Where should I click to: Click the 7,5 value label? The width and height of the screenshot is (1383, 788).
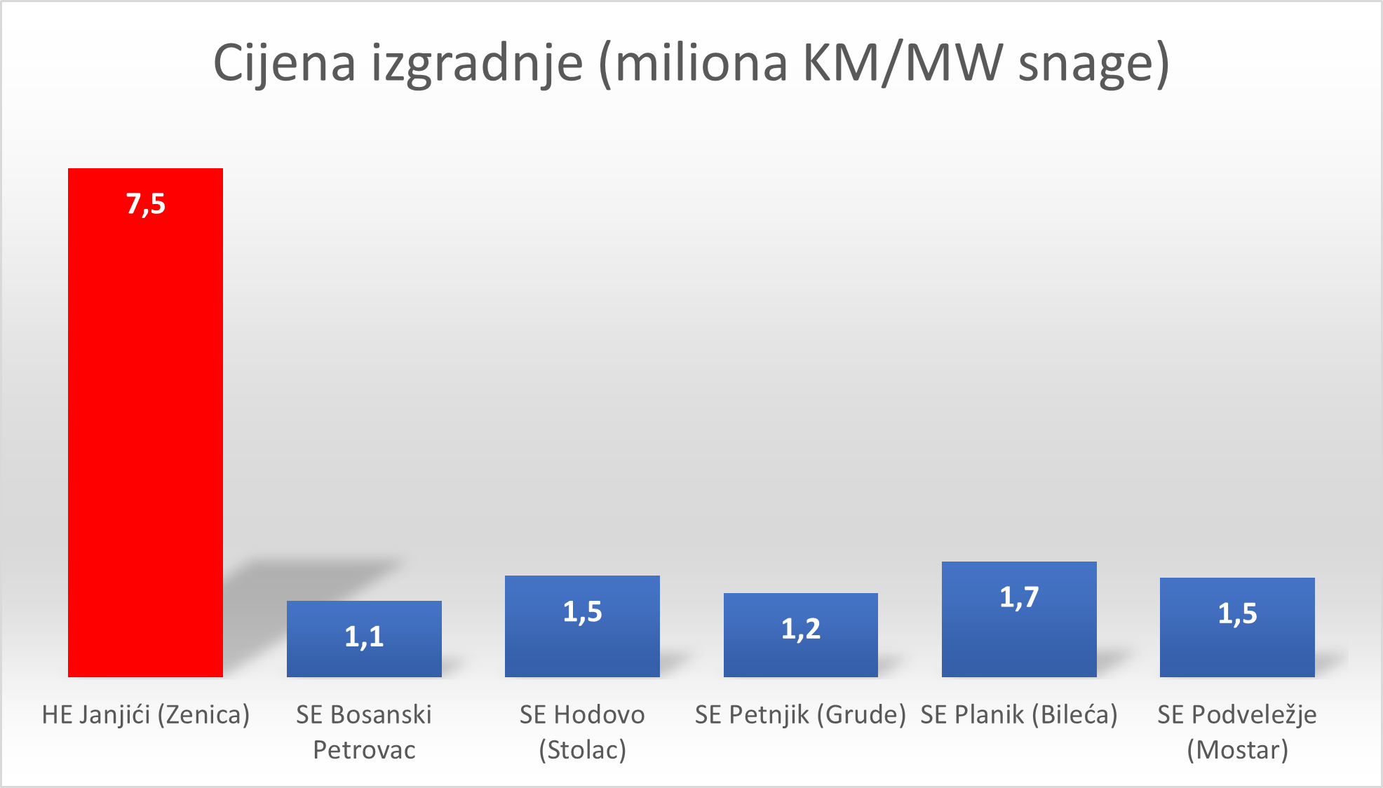click(x=146, y=204)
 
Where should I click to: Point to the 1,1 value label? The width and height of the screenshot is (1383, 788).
click(x=364, y=637)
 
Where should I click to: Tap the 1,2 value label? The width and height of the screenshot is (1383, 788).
click(x=801, y=629)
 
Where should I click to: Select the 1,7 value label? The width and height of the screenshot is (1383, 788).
click(x=1019, y=597)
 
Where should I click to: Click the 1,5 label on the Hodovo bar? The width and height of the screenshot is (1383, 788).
click(x=582, y=612)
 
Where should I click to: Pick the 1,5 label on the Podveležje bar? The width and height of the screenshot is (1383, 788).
click(x=1237, y=613)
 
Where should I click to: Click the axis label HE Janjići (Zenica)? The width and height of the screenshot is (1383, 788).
click(x=146, y=715)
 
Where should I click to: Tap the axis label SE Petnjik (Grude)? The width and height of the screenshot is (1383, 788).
click(x=800, y=715)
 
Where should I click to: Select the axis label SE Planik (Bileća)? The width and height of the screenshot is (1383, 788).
click(x=1019, y=715)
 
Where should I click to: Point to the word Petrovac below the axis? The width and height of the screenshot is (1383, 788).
click(x=364, y=750)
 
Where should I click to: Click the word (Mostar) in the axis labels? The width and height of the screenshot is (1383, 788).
click(x=1237, y=750)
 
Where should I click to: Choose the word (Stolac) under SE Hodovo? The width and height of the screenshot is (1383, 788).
click(x=582, y=750)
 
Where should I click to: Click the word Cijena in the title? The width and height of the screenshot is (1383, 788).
click(x=284, y=63)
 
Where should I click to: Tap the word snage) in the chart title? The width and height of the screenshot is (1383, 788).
click(x=1093, y=63)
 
